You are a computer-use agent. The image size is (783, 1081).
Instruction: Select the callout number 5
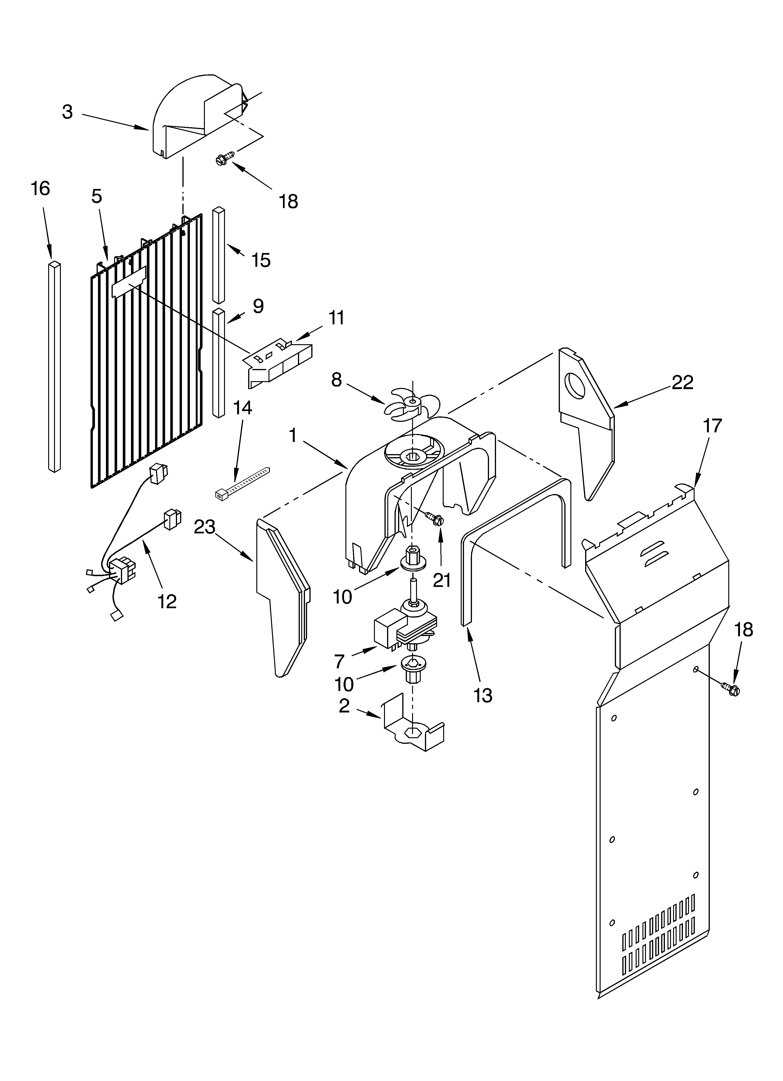[97, 196]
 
